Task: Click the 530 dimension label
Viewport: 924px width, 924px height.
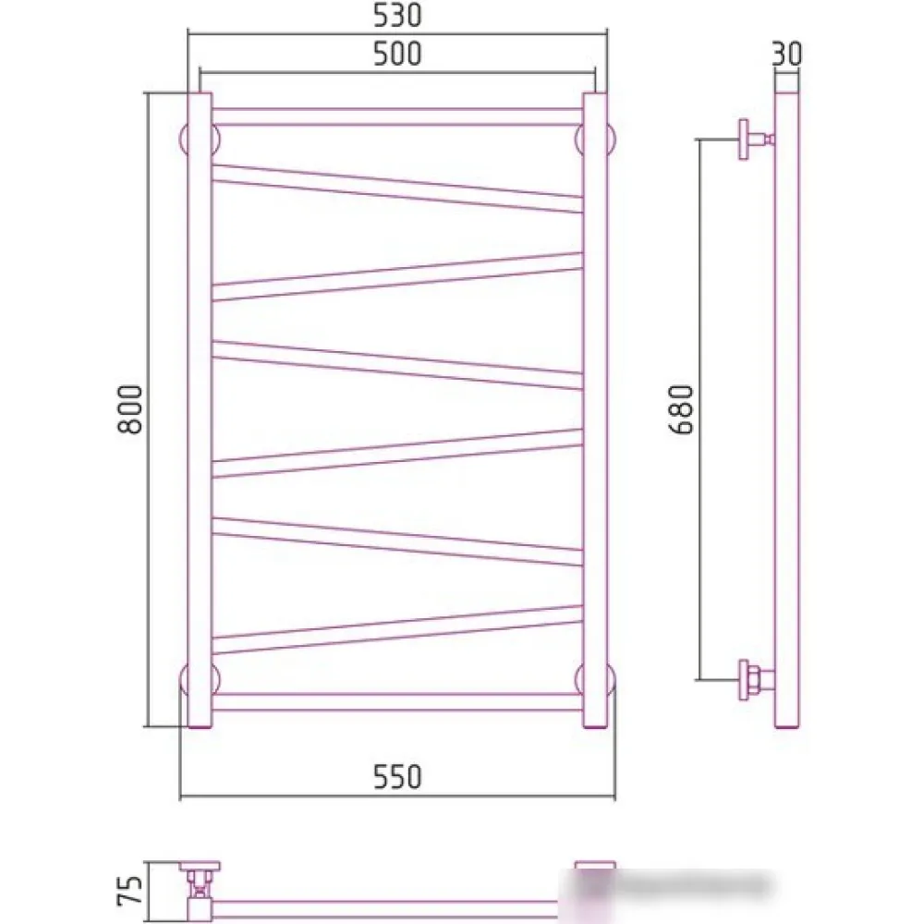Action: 397,16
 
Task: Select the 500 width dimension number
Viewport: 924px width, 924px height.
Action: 397,54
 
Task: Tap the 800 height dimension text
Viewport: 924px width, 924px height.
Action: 130,409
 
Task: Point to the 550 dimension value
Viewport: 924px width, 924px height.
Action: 397,777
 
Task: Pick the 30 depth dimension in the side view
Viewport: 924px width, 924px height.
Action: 786,54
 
